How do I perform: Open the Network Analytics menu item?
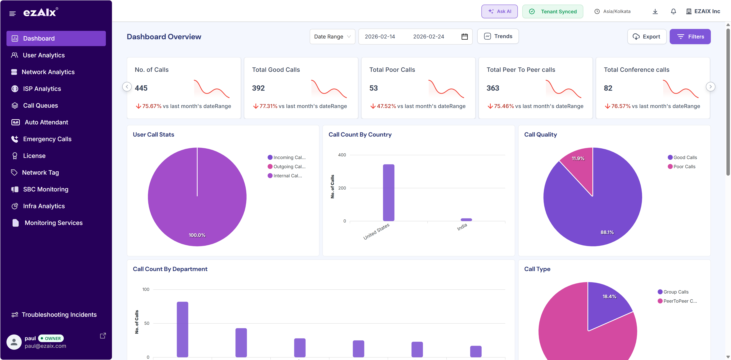pos(48,72)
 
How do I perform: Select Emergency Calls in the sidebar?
pos(47,139)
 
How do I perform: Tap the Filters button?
pos(690,37)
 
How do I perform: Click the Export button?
pos(646,37)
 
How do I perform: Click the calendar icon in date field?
pos(464,37)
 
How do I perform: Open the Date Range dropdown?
pos(332,37)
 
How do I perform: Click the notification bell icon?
pos(673,11)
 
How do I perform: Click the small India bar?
pos(466,219)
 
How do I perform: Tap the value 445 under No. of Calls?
pos(141,88)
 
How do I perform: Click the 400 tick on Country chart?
pos(342,155)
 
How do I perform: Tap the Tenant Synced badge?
pos(552,11)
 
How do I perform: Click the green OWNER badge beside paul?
pos(51,338)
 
